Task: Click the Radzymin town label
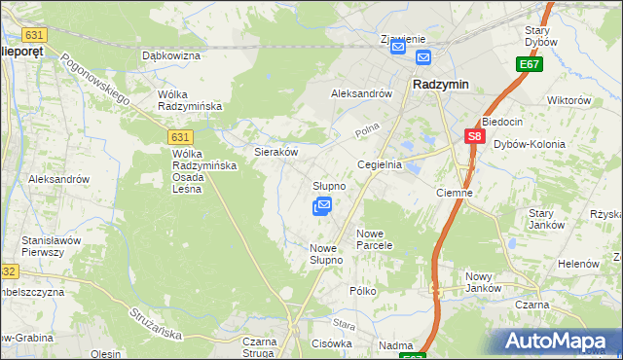coord(441,85)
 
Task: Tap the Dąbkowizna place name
coord(170,55)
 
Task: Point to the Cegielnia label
coord(380,165)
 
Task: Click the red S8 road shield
coord(474,138)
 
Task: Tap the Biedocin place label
coord(502,122)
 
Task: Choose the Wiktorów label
coord(569,100)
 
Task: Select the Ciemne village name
coord(455,193)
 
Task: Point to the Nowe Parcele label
coord(374,239)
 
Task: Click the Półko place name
coord(363,291)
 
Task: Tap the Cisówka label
coord(331,343)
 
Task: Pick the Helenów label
coord(577,264)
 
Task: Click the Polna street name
coord(366,129)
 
